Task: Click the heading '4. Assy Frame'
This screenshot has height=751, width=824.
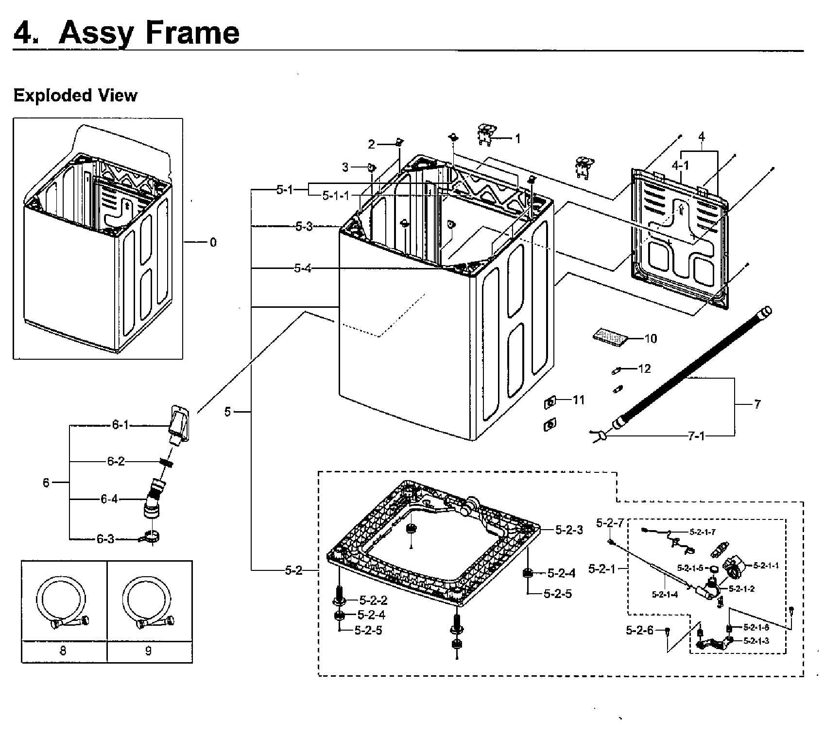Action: (126, 33)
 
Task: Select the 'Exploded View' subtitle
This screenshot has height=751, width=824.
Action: (75, 96)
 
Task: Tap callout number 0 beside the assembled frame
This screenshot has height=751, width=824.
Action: (213, 243)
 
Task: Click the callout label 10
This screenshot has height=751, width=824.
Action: (650, 338)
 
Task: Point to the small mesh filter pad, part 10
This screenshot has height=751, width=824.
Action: (610, 335)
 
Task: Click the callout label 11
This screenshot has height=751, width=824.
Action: (579, 400)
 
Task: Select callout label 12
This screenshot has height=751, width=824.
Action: (644, 369)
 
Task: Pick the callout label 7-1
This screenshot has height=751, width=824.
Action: (696, 436)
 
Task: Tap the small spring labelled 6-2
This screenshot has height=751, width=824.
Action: (167, 463)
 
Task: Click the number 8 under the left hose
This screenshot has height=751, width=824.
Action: (63, 651)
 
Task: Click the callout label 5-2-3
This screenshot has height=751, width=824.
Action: (569, 530)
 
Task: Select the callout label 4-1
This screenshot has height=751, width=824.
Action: (680, 166)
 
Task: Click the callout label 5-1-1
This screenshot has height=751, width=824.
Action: (336, 196)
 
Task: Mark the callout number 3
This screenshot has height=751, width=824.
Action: (345, 167)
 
